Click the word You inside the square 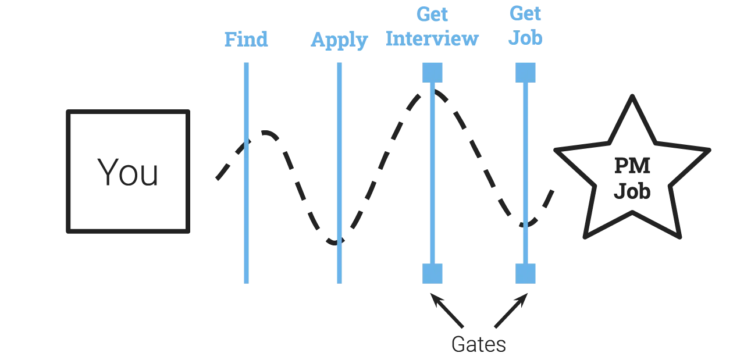(127, 173)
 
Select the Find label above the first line (246, 39)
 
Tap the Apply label (340, 40)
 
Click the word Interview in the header (432, 39)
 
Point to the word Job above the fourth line (526, 39)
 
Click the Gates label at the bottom (479, 345)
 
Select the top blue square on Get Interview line (432, 72)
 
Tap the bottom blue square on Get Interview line (432, 272)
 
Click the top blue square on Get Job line (526, 72)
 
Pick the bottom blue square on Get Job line (526, 272)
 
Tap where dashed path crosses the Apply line (339, 240)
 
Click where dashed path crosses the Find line (246, 141)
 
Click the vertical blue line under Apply (340, 174)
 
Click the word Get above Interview (432, 13)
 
